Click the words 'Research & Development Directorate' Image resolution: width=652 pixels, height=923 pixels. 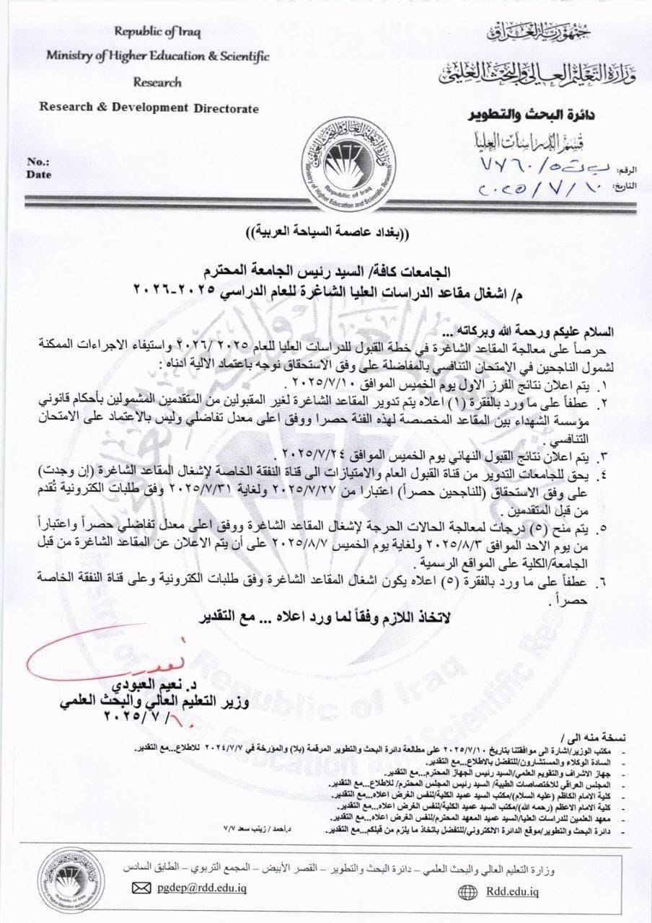(x=149, y=109)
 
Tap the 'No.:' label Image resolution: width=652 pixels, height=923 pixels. (x=37, y=162)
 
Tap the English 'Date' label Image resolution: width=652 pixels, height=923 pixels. (x=38, y=174)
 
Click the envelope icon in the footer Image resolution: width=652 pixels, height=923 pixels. (x=141, y=888)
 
